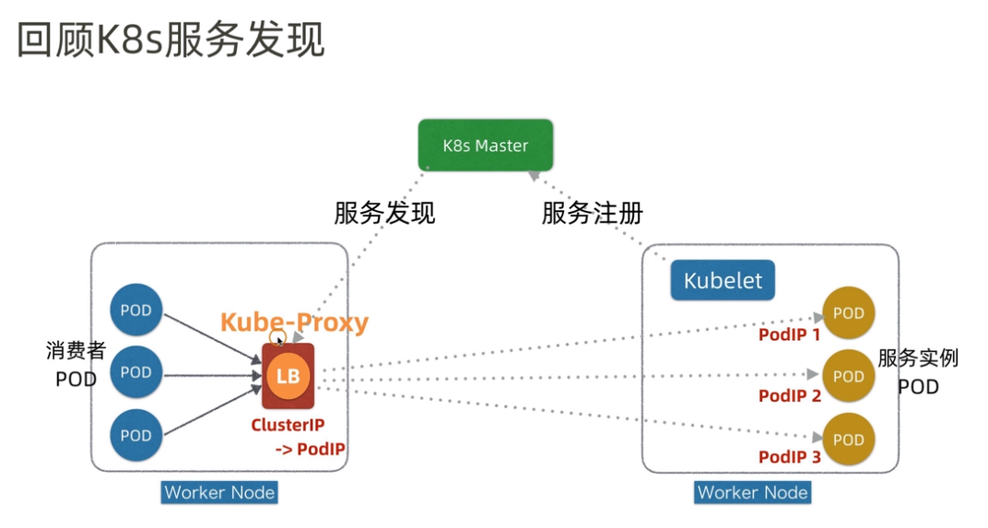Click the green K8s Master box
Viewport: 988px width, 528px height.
pyautogui.click(x=486, y=146)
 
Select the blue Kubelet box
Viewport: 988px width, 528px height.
pyautogui.click(x=723, y=280)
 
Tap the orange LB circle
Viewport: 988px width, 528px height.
pyautogui.click(x=288, y=376)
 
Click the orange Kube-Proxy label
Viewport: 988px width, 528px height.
pyautogui.click(x=294, y=323)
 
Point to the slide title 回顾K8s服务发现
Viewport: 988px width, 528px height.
pyautogui.click(x=171, y=42)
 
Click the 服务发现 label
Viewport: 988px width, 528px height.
pyautogui.click(x=384, y=214)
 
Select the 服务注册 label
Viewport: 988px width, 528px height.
pyautogui.click(x=592, y=214)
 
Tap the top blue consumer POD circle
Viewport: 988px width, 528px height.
pyautogui.click(x=135, y=311)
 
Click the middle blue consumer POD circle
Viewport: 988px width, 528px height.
pyautogui.click(x=135, y=373)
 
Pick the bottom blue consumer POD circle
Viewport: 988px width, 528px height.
pyautogui.click(x=135, y=436)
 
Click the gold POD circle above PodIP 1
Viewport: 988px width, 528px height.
pyautogui.click(x=848, y=313)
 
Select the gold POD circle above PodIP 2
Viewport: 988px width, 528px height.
pyautogui.click(x=848, y=376)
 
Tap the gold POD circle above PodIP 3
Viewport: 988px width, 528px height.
pyautogui.click(x=848, y=440)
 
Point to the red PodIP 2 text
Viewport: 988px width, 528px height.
pyautogui.click(x=789, y=396)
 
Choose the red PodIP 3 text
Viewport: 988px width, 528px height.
pyautogui.click(x=789, y=457)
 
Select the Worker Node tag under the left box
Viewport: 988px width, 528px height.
pyautogui.click(x=219, y=492)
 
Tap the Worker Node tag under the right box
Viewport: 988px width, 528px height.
pyautogui.click(x=752, y=492)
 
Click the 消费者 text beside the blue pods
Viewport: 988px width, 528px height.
pyautogui.click(x=76, y=351)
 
